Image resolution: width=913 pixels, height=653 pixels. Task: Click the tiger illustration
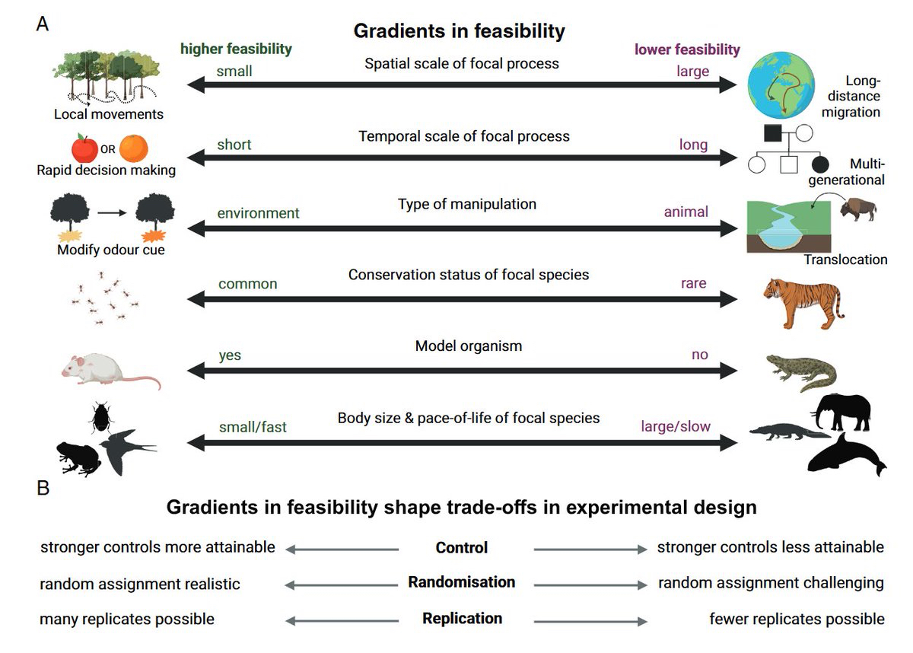pyautogui.click(x=802, y=302)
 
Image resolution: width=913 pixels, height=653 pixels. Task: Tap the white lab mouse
pyautogui.click(x=107, y=369)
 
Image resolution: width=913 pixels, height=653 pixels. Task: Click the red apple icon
pyautogui.click(x=84, y=148)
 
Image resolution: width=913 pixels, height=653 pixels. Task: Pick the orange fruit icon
pyautogui.click(x=134, y=148)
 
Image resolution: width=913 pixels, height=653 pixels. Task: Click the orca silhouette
pyautogui.click(x=845, y=457)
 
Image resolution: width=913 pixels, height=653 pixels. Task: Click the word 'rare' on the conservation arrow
pyautogui.click(x=693, y=283)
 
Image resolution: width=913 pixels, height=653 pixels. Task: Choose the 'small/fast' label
pyautogui.click(x=253, y=427)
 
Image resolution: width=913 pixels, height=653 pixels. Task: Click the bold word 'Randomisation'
pyautogui.click(x=461, y=582)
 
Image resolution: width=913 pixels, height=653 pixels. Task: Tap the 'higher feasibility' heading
pyautogui.click(x=236, y=49)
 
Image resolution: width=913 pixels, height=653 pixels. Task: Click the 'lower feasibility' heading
pyautogui.click(x=687, y=49)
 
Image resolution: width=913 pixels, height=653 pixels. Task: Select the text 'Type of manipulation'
pyautogui.click(x=466, y=204)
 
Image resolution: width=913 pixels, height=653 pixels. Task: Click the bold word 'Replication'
pyautogui.click(x=462, y=618)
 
